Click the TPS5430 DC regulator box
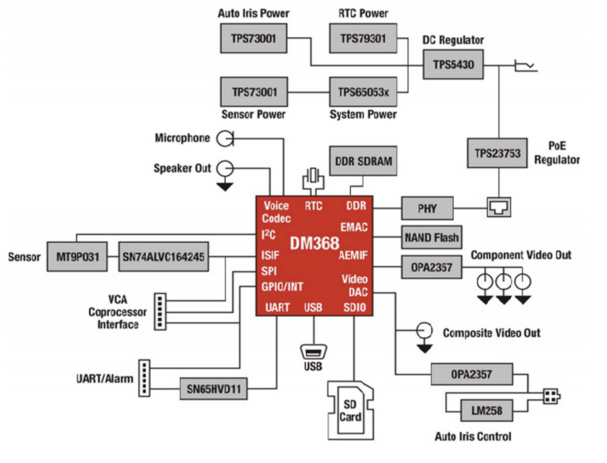point(453,65)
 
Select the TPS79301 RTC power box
point(363,38)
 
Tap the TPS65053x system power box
point(363,92)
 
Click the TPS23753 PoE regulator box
point(497,153)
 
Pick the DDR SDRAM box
point(363,161)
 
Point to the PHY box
point(427,208)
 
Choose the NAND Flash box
point(432,237)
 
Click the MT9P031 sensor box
point(77,257)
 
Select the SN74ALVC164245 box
point(164,257)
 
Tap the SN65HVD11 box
point(214,389)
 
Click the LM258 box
point(486,411)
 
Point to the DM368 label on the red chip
point(314,243)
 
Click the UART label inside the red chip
point(277,307)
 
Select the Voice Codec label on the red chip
point(276,212)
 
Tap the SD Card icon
point(350,410)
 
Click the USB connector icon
point(313,351)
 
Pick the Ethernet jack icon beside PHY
point(499,207)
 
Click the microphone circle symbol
point(225,138)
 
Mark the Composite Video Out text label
point(491,333)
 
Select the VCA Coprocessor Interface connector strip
point(160,312)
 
